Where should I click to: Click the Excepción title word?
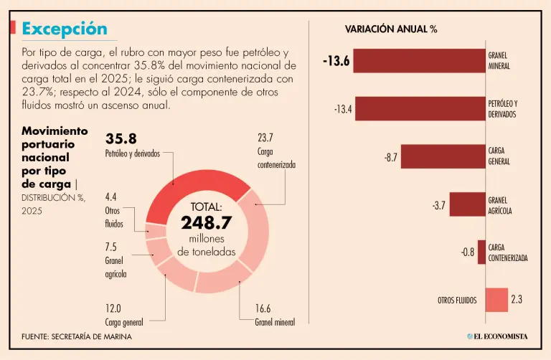click(x=65, y=29)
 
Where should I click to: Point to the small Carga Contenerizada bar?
click(x=482, y=252)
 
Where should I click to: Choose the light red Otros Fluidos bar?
click(x=496, y=300)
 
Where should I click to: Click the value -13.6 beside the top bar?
click(x=336, y=61)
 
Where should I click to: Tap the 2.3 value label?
click(x=517, y=300)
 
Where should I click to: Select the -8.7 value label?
click(x=390, y=156)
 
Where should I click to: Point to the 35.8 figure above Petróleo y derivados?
click(x=121, y=138)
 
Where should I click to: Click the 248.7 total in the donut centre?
click(x=207, y=223)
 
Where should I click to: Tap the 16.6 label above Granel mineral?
click(x=263, y=309)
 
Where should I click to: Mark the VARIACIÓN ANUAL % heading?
click(x=391, y=29)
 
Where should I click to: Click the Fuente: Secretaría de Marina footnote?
click(x=76, y=336)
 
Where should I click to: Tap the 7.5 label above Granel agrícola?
click(x=112, y=246)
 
